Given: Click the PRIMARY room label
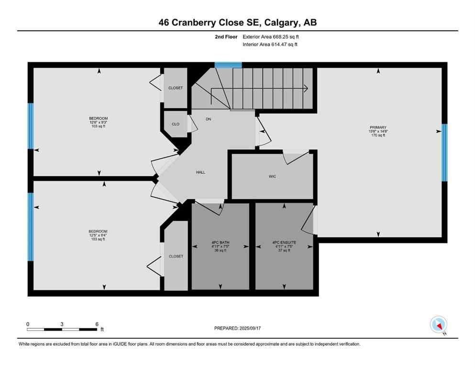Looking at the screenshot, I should point(378,127).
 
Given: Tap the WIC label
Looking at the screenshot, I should point(272,176).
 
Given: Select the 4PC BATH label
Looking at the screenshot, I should point(221,242).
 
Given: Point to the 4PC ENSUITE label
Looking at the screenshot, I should point(285,242).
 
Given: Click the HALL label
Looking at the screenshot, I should point(200,172).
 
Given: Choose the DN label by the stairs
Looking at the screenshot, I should point(209,119).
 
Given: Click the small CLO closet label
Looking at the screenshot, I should point(176,124).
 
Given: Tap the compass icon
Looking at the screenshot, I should point(438,324).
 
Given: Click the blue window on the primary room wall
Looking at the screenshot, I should point(444,152).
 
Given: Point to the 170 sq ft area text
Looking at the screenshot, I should point(378,136).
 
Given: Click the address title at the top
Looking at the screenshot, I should point(238,23).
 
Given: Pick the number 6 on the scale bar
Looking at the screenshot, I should point(97,324).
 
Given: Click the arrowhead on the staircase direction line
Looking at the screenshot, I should point(306,88).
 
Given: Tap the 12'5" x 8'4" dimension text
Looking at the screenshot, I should point(98,235).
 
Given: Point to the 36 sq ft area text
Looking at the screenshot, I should point(221,250).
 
